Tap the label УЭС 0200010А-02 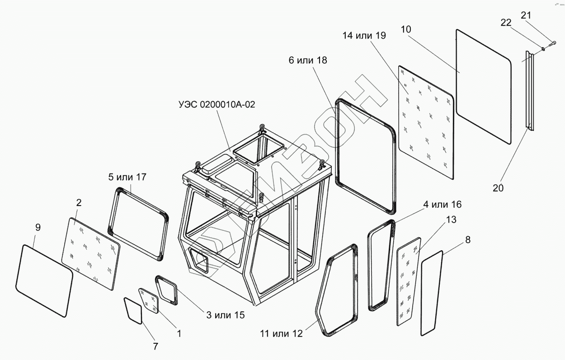point(217,105)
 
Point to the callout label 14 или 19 point(364,36)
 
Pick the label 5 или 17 point(127,177)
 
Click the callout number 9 point(38,227)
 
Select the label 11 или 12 point(281,334)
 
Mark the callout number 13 point(451,220)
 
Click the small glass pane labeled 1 point(149,299)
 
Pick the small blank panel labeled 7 point(133,310)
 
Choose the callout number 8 point(467,240)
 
